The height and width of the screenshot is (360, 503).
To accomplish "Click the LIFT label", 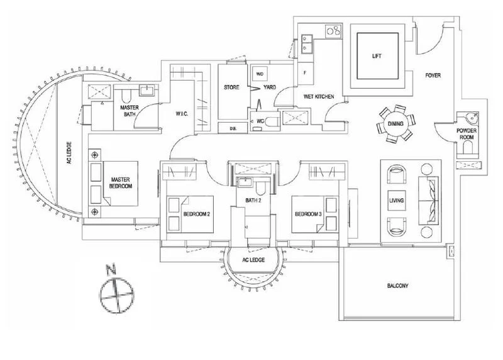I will [x=377, y=56].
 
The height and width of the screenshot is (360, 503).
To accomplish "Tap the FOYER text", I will [x=433, y=76].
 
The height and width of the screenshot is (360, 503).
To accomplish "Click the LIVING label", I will [x=397, y=201].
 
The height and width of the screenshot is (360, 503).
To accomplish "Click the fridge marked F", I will [x=306, y=73].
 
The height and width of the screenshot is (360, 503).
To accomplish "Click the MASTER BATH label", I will [x=130, y=111].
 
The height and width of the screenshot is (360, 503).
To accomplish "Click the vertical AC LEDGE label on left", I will [x=69, y=166].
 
